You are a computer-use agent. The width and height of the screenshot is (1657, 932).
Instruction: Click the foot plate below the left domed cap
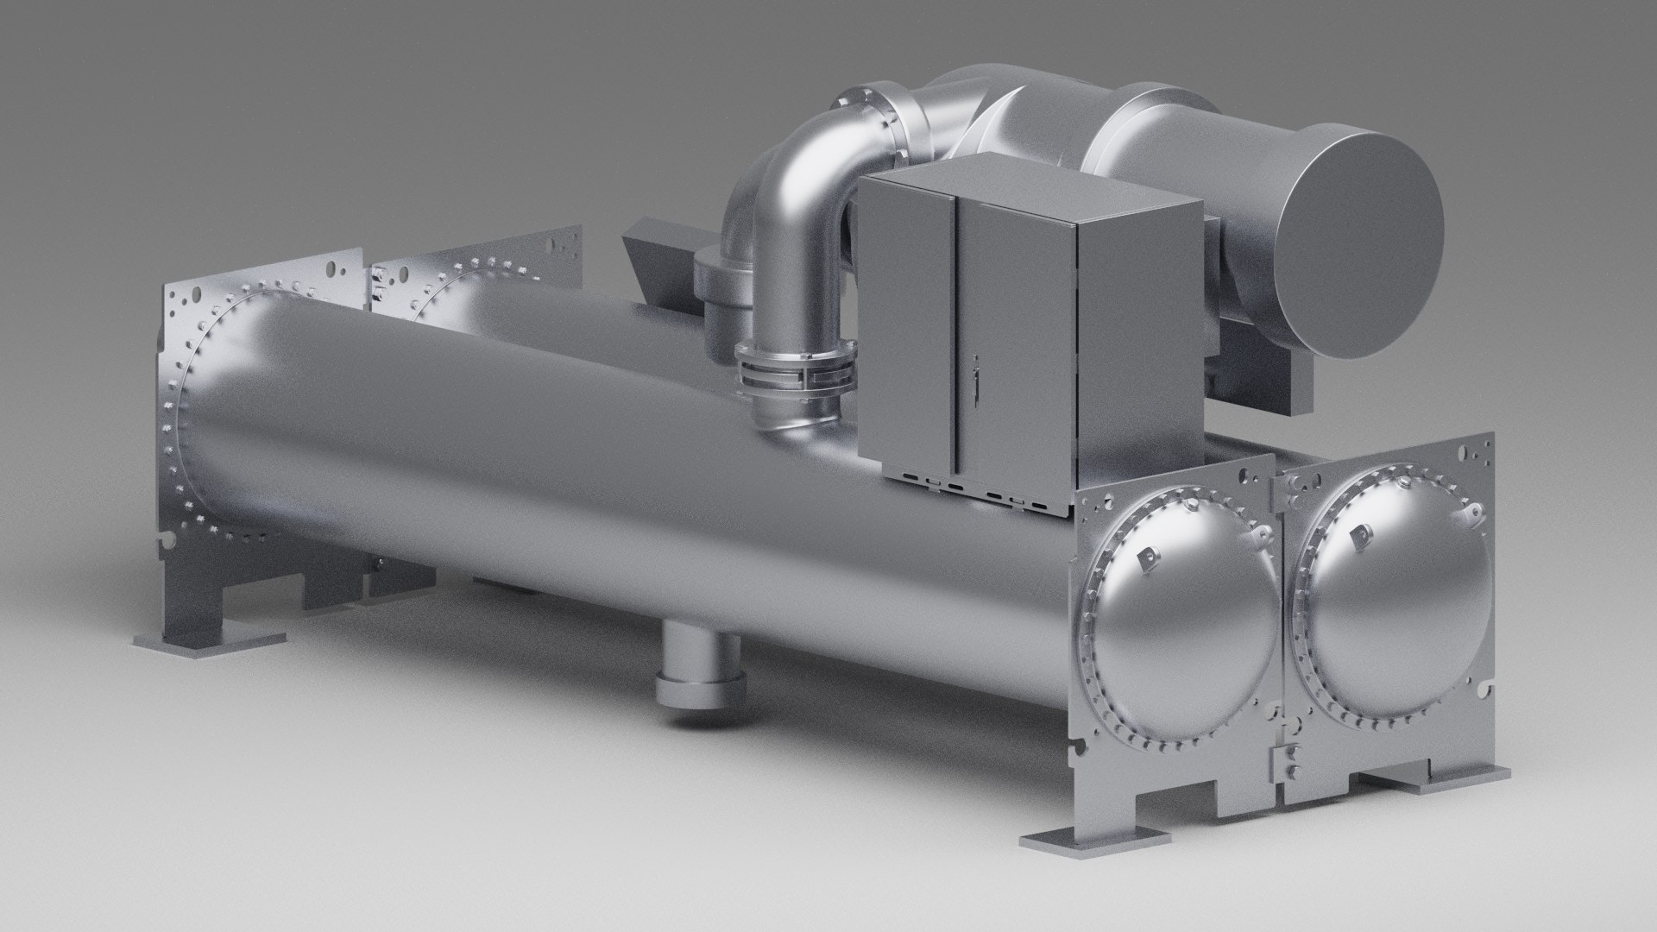pyautogui.click(x=1087, y=840)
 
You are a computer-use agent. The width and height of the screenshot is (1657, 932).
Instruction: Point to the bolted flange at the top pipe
pyautogui.click(x=872, y=112)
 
